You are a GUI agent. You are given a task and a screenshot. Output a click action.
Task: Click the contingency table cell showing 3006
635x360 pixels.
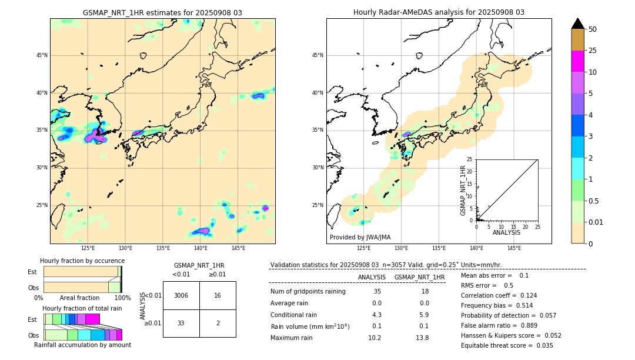[x=181, y=295]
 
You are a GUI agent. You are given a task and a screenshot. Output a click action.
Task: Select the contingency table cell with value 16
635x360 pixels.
[x=218, y=295]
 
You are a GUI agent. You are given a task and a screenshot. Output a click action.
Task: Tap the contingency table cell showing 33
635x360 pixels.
[x=181, y=323]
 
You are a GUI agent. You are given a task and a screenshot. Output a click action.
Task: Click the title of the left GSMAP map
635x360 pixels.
[x=162, y=12]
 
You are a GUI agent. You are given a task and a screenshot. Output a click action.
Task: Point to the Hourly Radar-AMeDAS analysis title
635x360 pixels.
[x=439, y=12]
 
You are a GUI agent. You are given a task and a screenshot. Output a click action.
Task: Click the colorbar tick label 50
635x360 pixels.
[x=593, y=29]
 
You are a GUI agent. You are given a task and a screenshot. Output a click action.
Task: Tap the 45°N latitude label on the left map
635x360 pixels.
[x=42, y=55]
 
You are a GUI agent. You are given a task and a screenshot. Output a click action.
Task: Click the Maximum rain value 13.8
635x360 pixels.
[x=422, y=338]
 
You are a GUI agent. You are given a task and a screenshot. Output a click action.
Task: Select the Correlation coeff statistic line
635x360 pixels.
[x=499, y=295]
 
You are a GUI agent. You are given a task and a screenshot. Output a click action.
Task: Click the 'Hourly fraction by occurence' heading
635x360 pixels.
[x=82, y=261]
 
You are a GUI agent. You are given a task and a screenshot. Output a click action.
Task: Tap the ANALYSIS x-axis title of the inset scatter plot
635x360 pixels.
[x=507, y=233]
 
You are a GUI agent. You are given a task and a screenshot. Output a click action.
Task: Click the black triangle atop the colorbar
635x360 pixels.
[x=578, y=24]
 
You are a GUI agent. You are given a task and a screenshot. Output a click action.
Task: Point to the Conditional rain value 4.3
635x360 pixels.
[x=376, y=315]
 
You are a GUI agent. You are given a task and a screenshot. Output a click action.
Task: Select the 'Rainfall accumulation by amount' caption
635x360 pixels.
[x=82, y=345]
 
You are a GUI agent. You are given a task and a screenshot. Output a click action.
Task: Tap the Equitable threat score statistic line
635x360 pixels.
[x=507, y=345]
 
